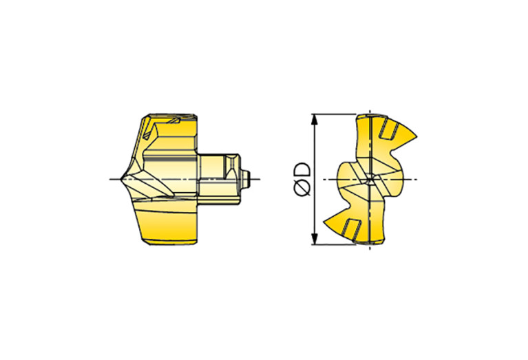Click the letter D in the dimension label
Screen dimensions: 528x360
pos(302,169)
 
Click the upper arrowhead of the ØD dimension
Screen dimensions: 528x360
pos(315,119)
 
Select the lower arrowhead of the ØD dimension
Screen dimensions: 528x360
pos(315,240)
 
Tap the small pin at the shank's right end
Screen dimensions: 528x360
pos(246,179)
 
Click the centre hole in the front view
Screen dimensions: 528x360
pos(370,179)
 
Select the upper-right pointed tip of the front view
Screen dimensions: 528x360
pos(416,137)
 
